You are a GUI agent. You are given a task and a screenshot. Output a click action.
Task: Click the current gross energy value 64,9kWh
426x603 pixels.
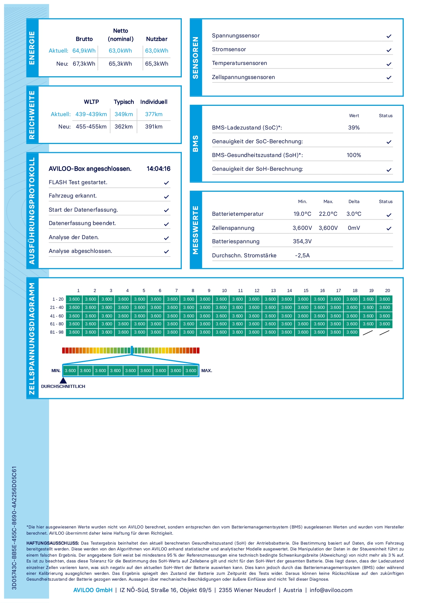(x=84, y=51)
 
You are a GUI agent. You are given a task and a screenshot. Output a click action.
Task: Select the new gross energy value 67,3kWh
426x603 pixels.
(x=84, y=64)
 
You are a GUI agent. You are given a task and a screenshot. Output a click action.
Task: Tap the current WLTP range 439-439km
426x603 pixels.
(x=91, y=114)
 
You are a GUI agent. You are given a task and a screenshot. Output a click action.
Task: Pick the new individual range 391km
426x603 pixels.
(x=154, y=126)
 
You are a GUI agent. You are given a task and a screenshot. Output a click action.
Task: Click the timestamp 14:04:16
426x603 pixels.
(x=158, y=169)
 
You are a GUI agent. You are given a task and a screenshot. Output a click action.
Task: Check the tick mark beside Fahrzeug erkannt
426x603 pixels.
(x=166, y=197)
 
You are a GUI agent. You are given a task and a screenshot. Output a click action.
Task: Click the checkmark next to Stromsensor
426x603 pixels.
(x=389, y=50)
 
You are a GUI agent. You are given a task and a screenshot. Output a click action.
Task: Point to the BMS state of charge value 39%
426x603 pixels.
(x=354, y=127)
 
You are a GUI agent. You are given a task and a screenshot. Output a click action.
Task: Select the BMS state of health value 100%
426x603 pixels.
(x=354, y=155)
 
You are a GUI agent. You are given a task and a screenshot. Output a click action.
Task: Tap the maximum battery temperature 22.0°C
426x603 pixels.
(x=328, y=214)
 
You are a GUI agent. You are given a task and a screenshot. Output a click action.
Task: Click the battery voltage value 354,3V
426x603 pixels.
(x=302, y=241)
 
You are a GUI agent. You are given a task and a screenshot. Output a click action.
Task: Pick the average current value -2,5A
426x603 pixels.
(x=302, y=255)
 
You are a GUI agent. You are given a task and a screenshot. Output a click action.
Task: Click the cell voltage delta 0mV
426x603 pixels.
(x=354, y=228)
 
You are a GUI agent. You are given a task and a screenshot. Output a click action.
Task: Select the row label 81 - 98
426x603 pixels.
(x=57, y=332)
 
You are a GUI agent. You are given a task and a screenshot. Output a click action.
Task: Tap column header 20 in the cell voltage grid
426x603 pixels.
(x=388, y=290)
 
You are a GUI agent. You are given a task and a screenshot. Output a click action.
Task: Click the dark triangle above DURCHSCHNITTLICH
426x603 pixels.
(x=63, y=380)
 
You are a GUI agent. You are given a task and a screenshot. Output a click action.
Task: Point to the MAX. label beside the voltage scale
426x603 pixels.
(x=206, y=370)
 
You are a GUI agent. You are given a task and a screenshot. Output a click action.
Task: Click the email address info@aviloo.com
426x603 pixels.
(x=331, y=590)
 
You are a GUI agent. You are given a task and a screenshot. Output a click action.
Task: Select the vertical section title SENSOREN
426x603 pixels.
(x=196, y=57)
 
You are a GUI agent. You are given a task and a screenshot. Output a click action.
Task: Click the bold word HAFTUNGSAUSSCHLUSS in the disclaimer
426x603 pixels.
(x=52, y=543)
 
